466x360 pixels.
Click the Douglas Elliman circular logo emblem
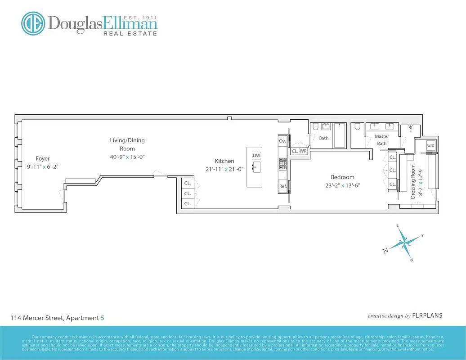pyautogui.click(x=33, y=23)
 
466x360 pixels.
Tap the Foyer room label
pyautogui.click(x=43, y=158)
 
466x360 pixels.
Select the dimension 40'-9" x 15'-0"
pyautogui.click(x=127, y=157)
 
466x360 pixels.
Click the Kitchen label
pyautogui.click(x=224, y=161)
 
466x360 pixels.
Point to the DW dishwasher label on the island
pyautogui.click(x=256, y=155)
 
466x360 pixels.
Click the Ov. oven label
pyautogui.click(x=282, y=141)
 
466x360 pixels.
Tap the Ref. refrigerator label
pyautogui.click(x=283, y=186)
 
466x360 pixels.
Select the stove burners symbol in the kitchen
pyautogui.click(x=283, y=163)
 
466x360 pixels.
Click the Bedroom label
pyautogui.click(x=342, y=177)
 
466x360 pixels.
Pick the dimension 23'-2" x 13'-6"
pyautogui.click(x=342, y=185)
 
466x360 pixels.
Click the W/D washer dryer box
pyautogui.click(x=430, y=146)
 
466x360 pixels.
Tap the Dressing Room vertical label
pyautogui.click(x=413, y=181)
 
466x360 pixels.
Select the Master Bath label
pyautogui.click(x=381, y=139)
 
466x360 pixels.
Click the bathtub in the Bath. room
pyautogui.click(x=339, y=135)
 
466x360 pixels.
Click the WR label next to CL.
pyautogui.click(x=303, y=151)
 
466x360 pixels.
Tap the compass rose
pyautogui.click(x=404, y=243)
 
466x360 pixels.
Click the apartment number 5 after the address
pyautogui.click(x=103, y=318)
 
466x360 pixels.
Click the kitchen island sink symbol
pyautogui.click(x=255, y=167)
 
